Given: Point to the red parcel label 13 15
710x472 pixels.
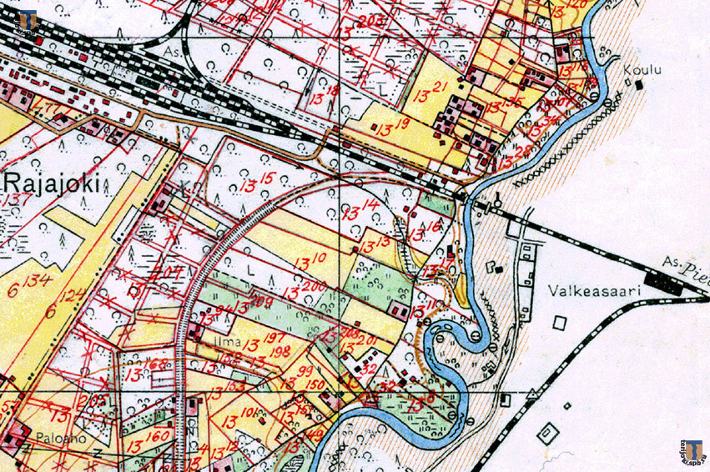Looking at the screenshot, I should tap(257, 178).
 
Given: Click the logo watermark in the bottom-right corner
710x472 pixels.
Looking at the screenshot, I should tap(692, 451).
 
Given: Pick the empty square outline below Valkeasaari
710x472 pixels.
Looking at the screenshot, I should tap(558, 321).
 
